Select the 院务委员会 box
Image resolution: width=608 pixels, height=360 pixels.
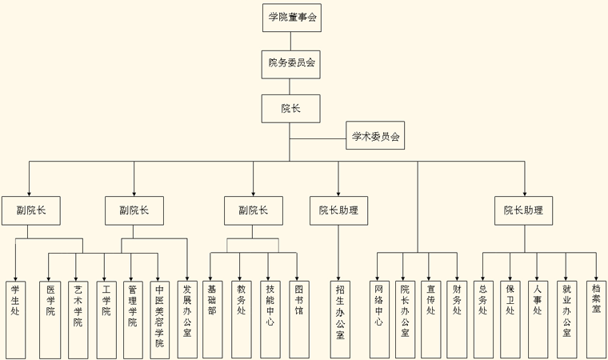[x=292, y=62]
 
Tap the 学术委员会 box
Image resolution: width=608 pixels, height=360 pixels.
[x=375, y=136]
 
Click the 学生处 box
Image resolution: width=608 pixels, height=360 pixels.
[x=15, y=318]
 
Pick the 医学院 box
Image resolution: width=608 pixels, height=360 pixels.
[x=50, y=318]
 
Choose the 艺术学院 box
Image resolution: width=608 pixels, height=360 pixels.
[x=78, y=318]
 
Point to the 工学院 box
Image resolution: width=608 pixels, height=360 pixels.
[x=105, y=318]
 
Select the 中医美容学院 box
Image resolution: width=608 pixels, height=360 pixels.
[x=159, y=318]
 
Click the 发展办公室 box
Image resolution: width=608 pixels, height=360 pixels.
[x=186, y=318]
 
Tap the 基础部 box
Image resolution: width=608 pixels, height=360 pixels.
[x=212, y=318]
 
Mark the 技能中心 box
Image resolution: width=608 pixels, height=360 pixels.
[x=270, y=318]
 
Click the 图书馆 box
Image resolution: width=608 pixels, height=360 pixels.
[x=298, y=318]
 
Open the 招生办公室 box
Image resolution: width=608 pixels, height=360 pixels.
[x=339, y=318]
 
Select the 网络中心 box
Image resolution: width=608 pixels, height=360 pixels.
[x=378, y=318]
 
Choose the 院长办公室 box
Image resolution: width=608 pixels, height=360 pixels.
[x=405, y=318]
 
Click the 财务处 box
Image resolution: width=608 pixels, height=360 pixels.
[x=457, y=318]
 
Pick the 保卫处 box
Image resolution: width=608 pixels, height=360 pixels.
[x=510, y=318]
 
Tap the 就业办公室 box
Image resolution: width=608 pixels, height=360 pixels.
[x=566, y=318]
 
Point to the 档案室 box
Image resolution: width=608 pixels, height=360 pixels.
[x=596, y=318]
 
